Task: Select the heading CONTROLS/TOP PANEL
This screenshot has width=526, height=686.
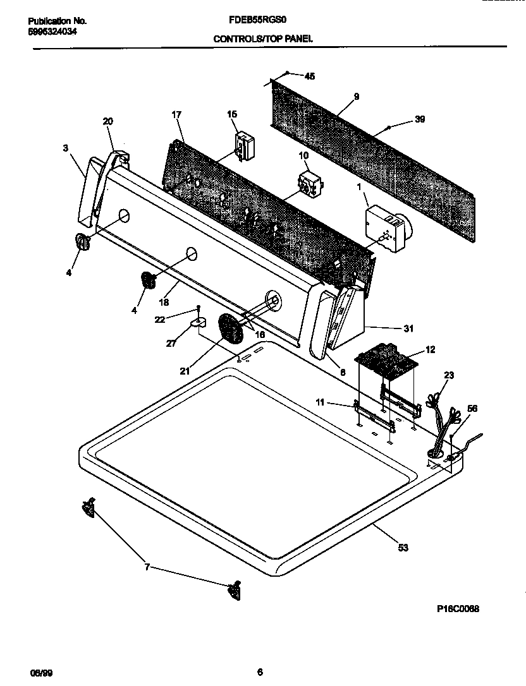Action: pos(263,39)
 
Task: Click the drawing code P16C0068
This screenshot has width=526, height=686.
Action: pos(458,609)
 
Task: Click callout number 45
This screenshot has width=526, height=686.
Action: pos(309,76)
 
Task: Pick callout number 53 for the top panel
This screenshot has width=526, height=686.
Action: pos(403,548)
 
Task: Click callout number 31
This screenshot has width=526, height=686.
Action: pos(408,328)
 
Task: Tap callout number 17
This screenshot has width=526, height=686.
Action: pos(176,115)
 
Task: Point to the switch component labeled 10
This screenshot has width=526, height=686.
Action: pos(308,183)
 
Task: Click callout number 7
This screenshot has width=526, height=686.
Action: pos(147,567)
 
